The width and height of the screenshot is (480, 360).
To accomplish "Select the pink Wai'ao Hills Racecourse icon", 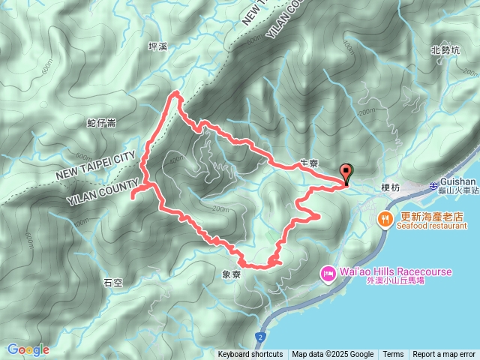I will point(328,274).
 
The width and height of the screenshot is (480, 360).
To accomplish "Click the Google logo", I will point(28,349).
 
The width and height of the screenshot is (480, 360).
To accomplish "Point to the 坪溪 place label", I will point(158,46).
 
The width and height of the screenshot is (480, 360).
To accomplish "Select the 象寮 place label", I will point(232,275).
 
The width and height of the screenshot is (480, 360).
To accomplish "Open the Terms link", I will point(393,355).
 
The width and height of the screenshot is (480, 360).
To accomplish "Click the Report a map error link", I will point(444,355).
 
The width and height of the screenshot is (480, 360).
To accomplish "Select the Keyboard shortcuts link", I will point(250,355).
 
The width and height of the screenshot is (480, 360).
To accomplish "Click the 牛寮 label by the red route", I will point(309,163).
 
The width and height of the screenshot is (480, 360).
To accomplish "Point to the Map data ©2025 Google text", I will point(333,355).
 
